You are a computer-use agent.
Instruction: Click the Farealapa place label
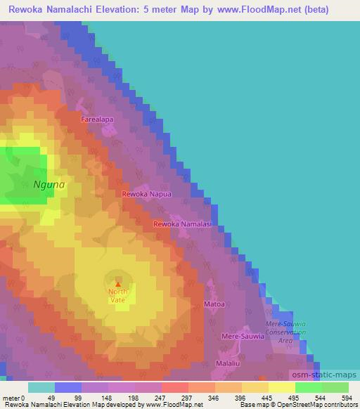[97, 119]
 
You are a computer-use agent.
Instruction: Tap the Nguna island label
[49, 185]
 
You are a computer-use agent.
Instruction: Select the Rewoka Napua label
[146, 193]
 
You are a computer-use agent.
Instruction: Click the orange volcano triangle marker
[117, 285]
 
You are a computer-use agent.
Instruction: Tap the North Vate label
[117, 296]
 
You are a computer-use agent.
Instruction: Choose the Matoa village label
[214, 304]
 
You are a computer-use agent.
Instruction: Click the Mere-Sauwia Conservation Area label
[284, 331]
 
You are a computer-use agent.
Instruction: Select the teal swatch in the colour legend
[41, 387]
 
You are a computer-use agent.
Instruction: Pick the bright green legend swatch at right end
[335, 387]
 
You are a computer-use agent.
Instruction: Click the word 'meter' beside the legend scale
[10, 397]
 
